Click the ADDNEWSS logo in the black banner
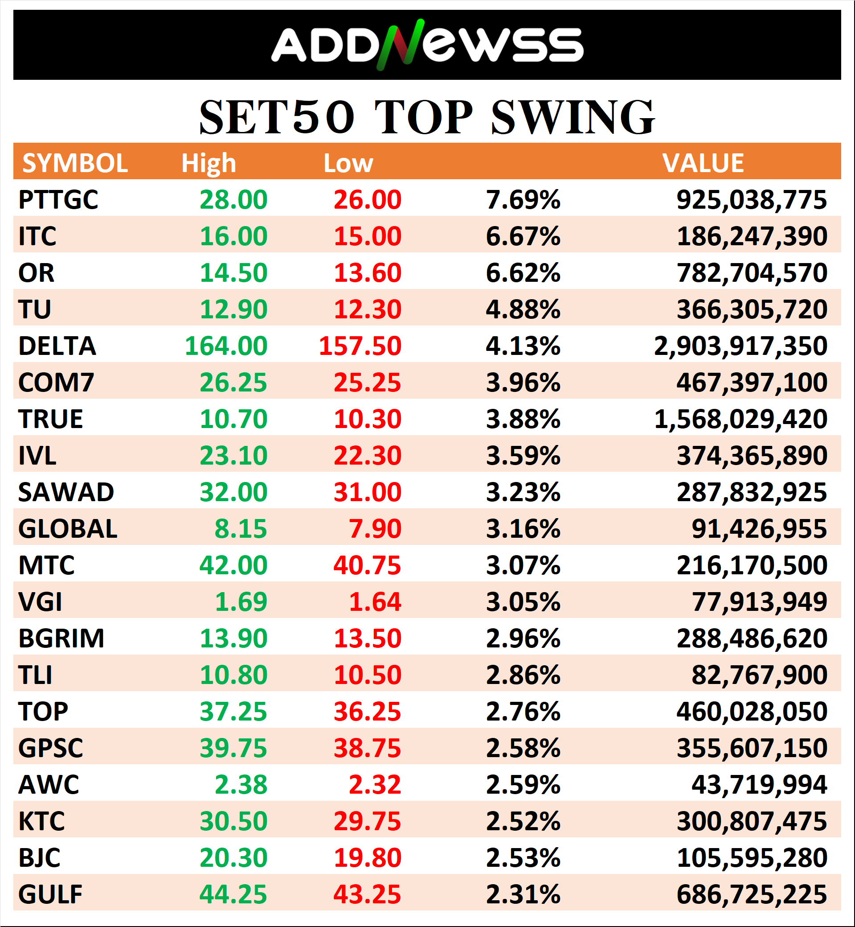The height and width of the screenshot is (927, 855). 426,45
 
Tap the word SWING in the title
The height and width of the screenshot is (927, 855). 573,118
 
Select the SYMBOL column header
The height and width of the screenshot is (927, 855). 75,163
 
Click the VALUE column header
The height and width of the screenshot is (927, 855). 703,163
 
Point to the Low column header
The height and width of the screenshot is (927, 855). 348,163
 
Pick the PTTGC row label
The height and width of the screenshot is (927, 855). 58,200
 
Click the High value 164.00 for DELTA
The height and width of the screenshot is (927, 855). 226,346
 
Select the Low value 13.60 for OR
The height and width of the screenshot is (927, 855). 368,273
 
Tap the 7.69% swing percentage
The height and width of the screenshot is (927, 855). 523,200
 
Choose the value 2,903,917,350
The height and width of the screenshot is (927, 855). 740,346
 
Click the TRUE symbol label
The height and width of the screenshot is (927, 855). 50,419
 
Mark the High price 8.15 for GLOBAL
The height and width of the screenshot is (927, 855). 241,529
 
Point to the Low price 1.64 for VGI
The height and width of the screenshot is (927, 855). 375,602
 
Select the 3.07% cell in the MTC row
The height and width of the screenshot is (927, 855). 523,565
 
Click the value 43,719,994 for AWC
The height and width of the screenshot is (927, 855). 759,785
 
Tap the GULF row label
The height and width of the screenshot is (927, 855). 50,894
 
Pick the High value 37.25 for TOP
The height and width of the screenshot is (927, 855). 233,712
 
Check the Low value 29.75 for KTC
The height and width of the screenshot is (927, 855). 368,821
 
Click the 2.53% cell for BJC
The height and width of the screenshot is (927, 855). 523,857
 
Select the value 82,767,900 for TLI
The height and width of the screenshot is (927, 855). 759,675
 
